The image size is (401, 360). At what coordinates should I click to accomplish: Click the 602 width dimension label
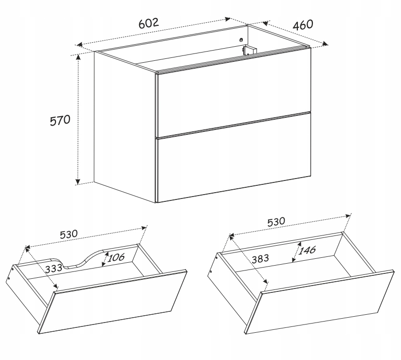click(x=148, y=23)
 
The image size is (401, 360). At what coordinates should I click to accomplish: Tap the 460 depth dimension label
click(x=303, y=25)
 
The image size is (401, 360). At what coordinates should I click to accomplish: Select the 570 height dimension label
click(x=60, y=120)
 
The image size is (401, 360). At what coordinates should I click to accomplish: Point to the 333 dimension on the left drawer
click(x=54, y=268)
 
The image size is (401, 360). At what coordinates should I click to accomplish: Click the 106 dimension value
click(x=116, y=257)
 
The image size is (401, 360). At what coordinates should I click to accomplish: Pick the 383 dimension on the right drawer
click(x=260, y=259)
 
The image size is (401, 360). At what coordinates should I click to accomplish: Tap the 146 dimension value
click(x=307, y=250)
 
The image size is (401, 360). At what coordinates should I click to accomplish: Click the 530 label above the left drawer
click(x=69, y=234)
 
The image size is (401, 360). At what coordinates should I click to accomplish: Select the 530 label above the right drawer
click(x=276, y=221)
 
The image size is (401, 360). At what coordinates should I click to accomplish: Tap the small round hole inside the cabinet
click(x=241, y=39)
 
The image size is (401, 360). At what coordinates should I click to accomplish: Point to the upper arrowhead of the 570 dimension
click(x=78, y=57)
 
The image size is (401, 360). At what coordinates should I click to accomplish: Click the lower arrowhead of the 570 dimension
click(x=78, y=181)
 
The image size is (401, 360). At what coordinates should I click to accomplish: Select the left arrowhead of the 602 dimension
click(x=80, y=44)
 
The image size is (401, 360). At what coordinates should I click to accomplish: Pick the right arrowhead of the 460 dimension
click(x=325, y=44)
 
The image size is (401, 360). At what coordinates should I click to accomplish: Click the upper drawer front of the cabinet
click(x=234, y=104)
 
